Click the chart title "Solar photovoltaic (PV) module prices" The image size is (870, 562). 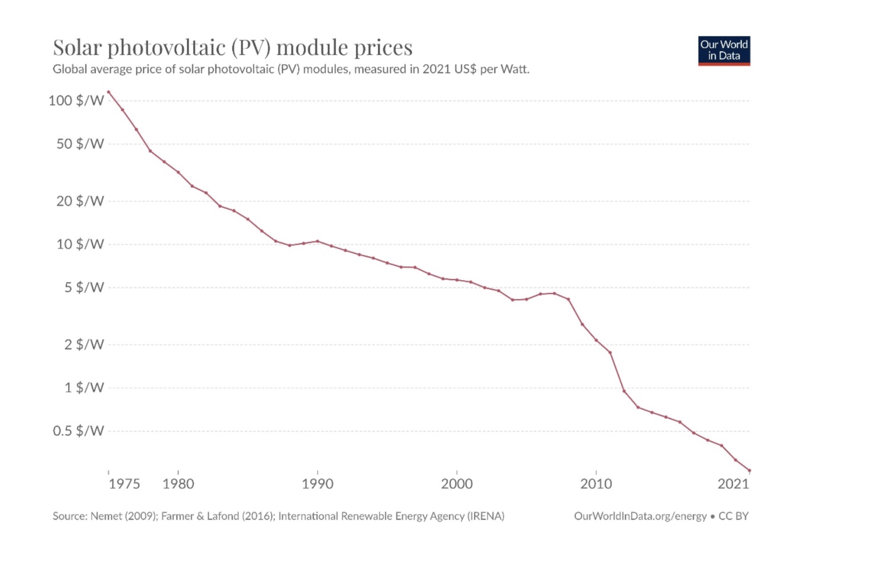[x=232, y=48]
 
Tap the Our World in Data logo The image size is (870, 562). [x=723, y=50]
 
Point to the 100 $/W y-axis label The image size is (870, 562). [x=76, y=100]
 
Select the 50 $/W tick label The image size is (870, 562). [x=80, y=144]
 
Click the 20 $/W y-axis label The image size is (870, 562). [x=80, y=201]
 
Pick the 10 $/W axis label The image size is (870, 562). [x=80, y=244]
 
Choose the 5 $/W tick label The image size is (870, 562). [x=84, y=287]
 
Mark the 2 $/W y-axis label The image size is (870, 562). [x=84, y=345]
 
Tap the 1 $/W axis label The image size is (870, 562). [x=84, y=387]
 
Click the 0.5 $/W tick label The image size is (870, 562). [x=78, y=431]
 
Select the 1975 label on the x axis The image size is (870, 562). [x=124, y=484]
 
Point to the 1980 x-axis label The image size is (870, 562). [x=178, y=484]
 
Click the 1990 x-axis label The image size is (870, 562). [x=317, y=484]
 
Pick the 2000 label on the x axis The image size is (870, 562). [x=457, y=484]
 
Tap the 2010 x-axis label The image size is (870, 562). [x=596, y=484]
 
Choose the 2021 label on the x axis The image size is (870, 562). [x=733, y=484]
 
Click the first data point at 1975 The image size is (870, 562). [x=109, y=92]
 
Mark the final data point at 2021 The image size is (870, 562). [x=749, y=470]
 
